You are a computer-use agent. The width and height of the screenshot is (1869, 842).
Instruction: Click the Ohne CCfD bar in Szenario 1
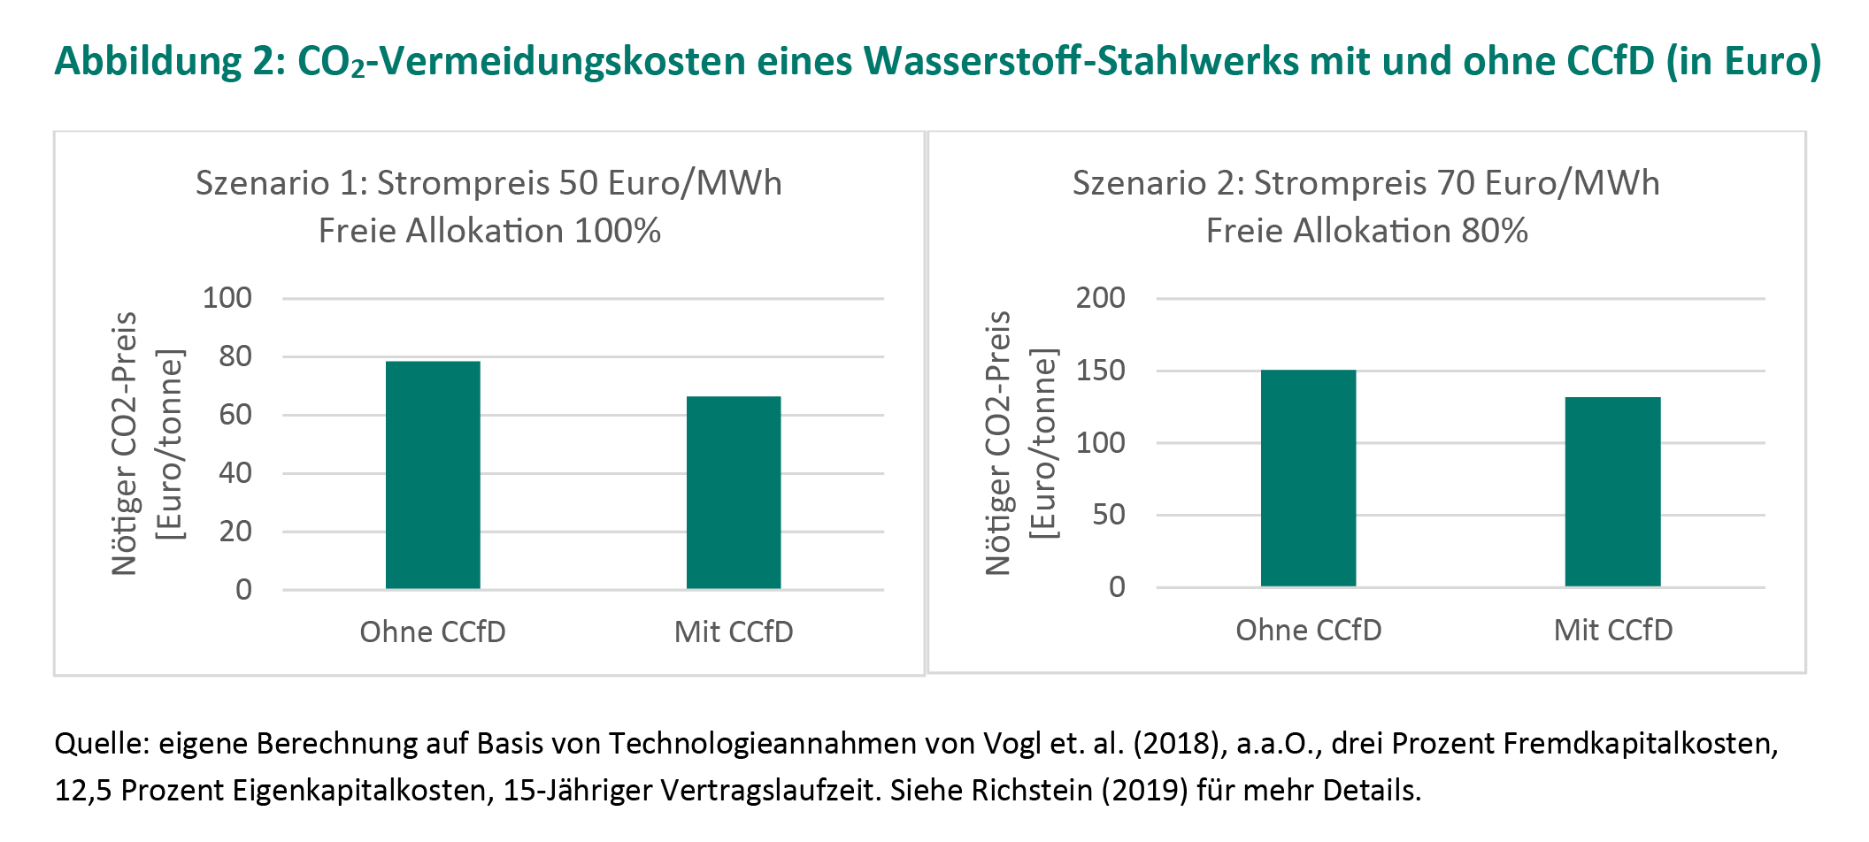[433, 475]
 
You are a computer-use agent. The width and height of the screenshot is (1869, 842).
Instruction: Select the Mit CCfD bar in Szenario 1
[734, 493]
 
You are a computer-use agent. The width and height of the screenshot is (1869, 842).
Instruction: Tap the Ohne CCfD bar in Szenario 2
[1308, 478]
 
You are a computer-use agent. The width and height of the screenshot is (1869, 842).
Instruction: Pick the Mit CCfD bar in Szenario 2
[1612, 492]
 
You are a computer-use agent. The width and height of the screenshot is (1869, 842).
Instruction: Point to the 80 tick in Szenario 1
[235, 356]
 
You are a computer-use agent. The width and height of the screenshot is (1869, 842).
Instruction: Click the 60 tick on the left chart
[235, 415]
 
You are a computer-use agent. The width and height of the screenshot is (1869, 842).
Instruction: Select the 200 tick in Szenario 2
[1100, 298]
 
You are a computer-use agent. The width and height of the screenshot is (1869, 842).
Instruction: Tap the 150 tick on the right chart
[1100, 371]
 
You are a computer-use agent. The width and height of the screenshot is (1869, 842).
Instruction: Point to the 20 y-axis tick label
[235, 532]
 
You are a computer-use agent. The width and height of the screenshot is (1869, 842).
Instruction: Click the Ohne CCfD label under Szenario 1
[433, 632]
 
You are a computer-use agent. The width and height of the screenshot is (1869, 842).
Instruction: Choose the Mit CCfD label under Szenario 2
[1613, 631]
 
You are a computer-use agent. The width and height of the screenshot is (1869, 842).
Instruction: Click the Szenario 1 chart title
[488, 184]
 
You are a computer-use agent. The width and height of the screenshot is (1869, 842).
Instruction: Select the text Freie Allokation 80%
[1366, 232]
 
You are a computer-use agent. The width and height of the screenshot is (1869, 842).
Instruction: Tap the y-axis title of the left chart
[146, 443]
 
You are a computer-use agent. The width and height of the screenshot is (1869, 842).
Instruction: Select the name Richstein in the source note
[1034, 790]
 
